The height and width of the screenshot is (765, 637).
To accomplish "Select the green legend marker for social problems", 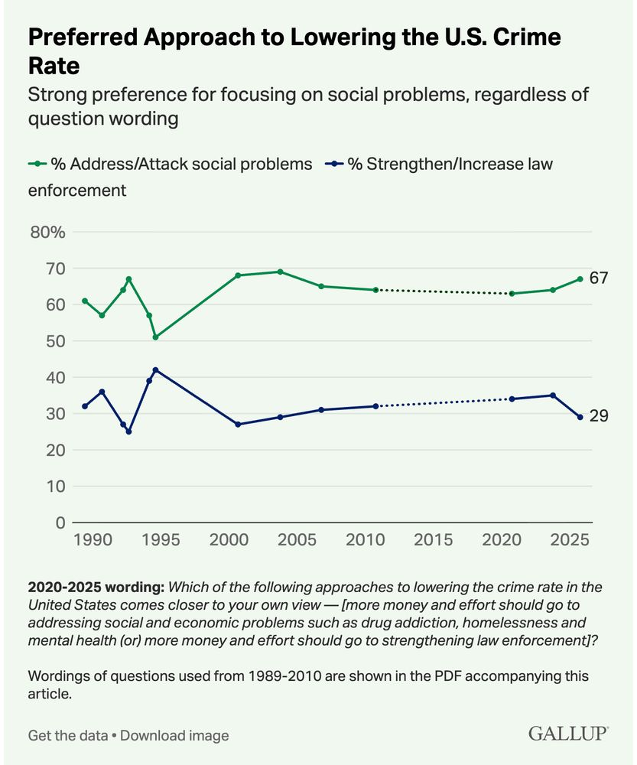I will point(37,164).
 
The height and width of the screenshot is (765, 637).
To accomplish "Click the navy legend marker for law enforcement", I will point(335,164).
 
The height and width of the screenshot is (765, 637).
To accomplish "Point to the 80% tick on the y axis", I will point(47,232).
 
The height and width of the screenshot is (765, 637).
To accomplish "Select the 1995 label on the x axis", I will point(161,540).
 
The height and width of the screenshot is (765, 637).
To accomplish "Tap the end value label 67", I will point(599,278).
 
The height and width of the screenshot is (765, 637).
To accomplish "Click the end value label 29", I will point(599,417).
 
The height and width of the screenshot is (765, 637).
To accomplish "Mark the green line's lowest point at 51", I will point(156,337).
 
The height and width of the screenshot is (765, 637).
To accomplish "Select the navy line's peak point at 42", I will point(156,369).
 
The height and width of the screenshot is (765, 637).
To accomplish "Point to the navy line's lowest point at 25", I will point(128,431).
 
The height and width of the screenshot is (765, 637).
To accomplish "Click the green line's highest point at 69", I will point(280,272).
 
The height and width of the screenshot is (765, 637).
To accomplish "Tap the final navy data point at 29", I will point(580,417).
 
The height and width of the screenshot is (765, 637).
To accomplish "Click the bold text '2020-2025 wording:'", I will point(96,587).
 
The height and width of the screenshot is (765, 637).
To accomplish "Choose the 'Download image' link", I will point(174,735).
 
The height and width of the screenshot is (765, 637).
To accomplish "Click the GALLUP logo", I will point(568,734).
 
